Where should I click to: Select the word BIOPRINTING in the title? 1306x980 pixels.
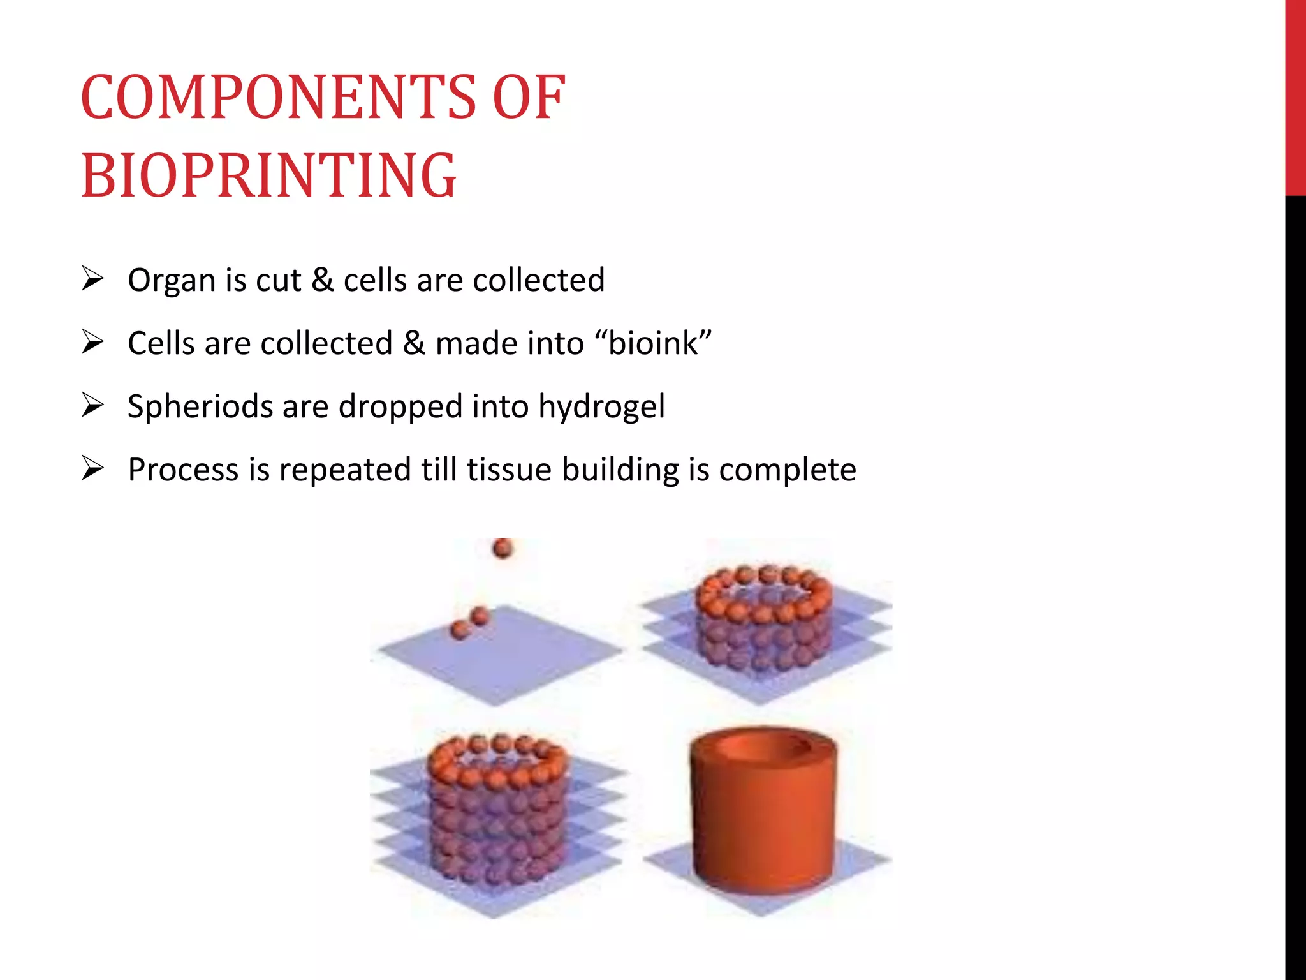click(268, 175)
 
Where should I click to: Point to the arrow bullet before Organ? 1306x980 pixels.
click(92, 279)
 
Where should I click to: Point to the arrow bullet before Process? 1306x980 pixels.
click(92, 468)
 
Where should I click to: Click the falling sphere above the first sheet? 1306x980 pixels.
click(503, 548)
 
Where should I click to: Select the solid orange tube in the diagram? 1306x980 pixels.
click(763, 829)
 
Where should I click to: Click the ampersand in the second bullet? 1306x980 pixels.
click(413, 343)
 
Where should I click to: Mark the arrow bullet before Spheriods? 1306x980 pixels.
click(92, 405)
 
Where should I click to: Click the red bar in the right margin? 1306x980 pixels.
click(1295, 96)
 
